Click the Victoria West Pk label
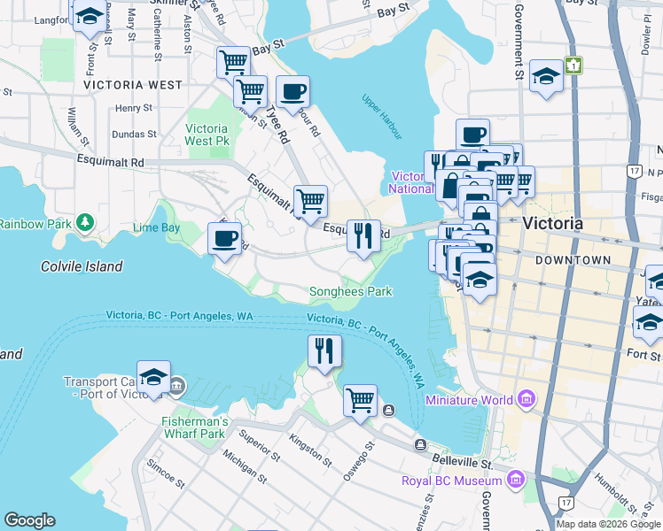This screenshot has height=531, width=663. pos(207,135)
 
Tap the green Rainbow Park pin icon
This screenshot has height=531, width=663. pos(84,221)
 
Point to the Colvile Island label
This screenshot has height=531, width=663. pos(82,266)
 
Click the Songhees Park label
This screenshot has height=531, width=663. pos(350,291)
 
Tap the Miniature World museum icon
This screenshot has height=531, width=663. pos(528,399)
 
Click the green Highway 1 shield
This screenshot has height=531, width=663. pos(575,65)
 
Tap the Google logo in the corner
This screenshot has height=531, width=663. pos(29,520)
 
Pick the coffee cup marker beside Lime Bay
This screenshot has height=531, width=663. pos(224,238)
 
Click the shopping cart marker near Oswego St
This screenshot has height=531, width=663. pos(360,400)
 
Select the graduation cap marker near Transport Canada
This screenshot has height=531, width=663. pos(154,375)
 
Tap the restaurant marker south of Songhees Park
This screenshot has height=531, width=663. pos(325,350)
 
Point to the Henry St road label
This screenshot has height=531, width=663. pos(134,108)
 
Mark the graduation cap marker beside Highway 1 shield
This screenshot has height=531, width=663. pos(547,75)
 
